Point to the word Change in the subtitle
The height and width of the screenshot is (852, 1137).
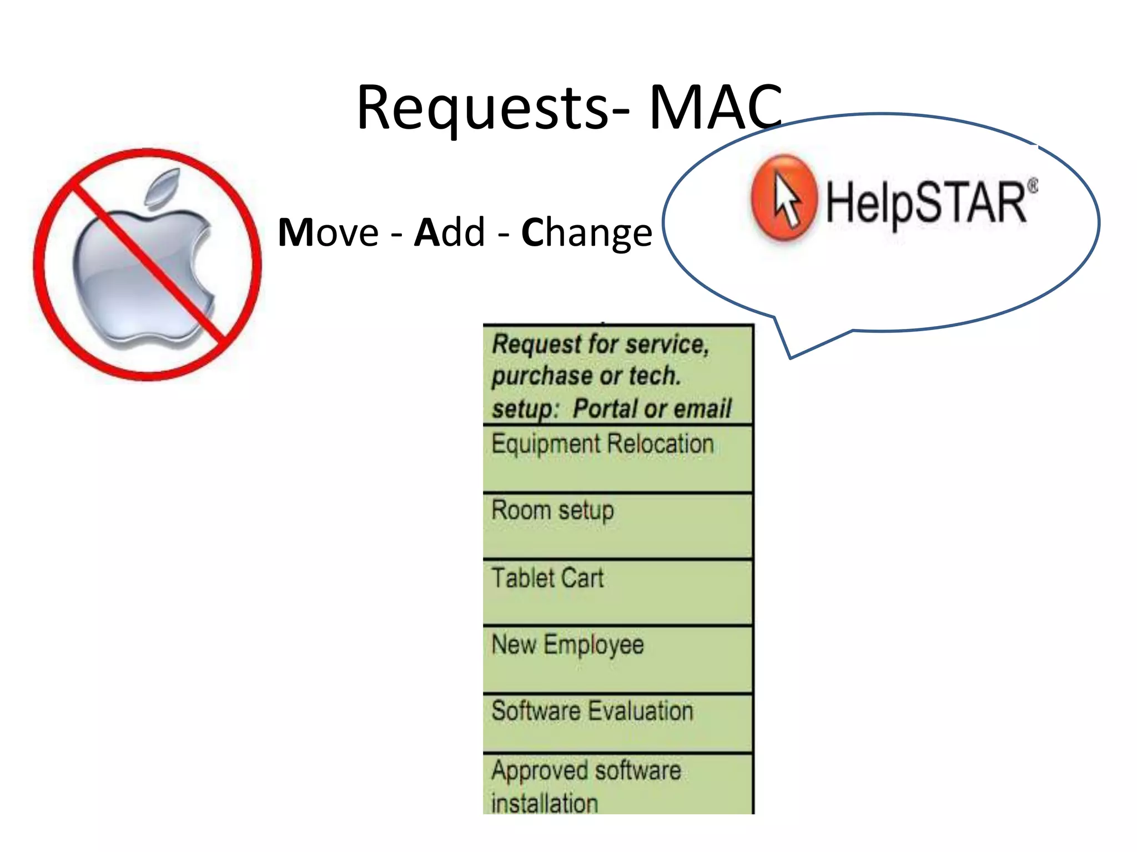(x=586, y=233)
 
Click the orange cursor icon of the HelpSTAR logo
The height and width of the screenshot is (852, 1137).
(x=784, y=198)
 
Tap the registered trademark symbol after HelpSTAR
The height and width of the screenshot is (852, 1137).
(x=1032, y=185)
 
